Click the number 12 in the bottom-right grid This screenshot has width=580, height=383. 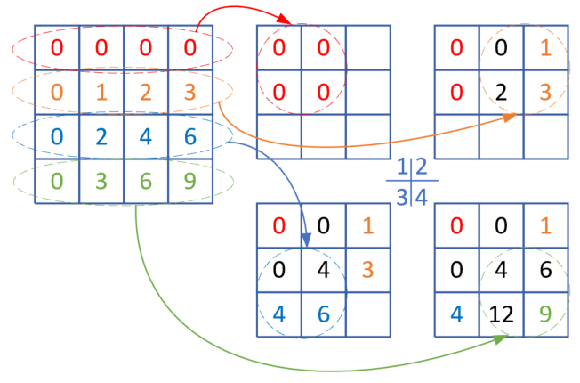tap(500, 314)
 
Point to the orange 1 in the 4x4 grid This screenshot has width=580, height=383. tap(101, 92)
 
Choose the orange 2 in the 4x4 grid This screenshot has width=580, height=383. tap(145, 92)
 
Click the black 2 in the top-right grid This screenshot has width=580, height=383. tap(500, 92)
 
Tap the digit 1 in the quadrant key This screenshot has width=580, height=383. tap(403, 167)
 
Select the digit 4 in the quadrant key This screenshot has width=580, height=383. tap(422, 195)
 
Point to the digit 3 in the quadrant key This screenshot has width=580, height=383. tap(403, 195)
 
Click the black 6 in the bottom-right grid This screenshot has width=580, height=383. tap(544, 270)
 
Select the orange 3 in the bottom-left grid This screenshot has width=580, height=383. tap(367, 270)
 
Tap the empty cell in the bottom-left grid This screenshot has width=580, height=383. tap(367, 314)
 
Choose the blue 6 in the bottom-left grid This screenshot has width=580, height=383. tap(323, 314)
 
